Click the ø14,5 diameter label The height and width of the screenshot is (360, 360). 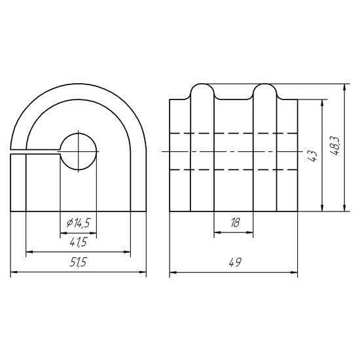pyautogui.click(x=79, y=223)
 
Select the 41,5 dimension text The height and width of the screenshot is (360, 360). pyautogui.click(x=79, y=242)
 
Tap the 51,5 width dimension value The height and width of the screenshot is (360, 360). pyautogui.click(x=79, y=262)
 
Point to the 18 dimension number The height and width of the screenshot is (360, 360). pyautogui.click(x=235, y=223)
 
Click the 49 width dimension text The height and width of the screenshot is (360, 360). pyautogui.click(x=235, y=262)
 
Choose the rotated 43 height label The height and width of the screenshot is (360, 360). pyautogui.click(x=312, y=156)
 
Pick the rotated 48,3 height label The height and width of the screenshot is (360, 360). pyautogui.click(x=336, y=146)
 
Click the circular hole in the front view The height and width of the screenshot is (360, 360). pyautogui.click(x=79, y=152)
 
